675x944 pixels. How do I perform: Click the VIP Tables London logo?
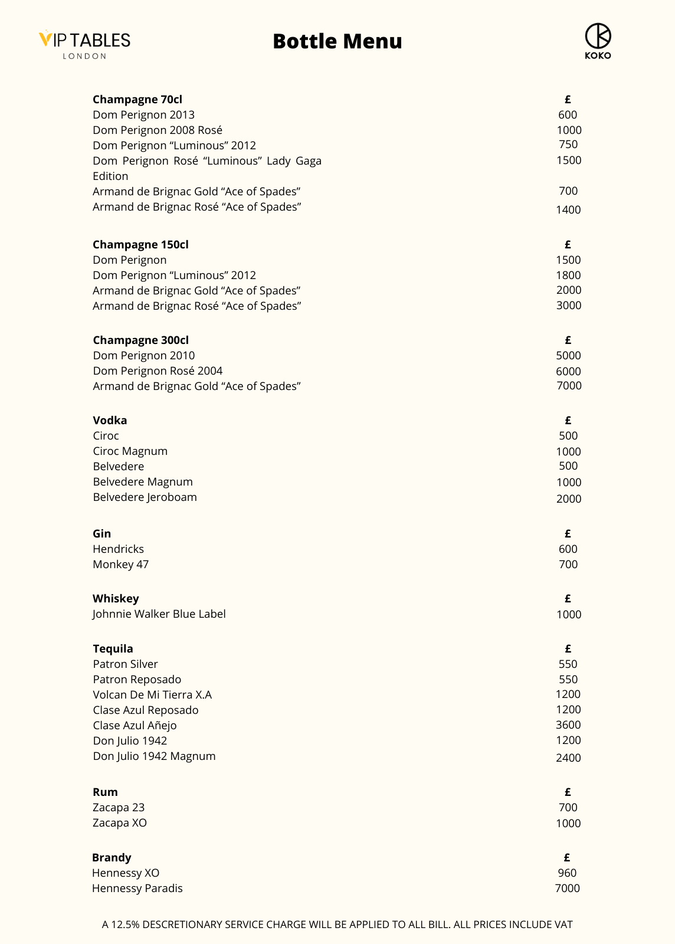85,44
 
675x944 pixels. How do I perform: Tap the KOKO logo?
598,41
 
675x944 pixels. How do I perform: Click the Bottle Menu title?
337,41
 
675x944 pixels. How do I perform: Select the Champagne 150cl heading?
140,244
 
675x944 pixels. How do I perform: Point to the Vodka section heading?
110,420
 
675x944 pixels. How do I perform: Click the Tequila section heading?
113,648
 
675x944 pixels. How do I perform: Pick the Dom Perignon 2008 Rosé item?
158,130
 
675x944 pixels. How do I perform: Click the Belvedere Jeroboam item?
145,497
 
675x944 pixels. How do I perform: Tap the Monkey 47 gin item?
120,564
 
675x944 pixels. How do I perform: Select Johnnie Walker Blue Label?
159,614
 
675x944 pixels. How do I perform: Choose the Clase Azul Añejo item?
135,725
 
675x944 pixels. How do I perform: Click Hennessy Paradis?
137,888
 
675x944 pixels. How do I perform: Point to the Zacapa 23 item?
119,807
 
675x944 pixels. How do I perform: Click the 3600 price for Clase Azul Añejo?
568,725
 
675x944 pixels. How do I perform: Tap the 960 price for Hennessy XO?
567,873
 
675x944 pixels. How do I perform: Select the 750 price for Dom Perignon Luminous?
568,144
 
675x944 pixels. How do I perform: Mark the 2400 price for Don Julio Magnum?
568,758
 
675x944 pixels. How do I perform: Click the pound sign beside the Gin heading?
568,533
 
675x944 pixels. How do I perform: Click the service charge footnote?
337,925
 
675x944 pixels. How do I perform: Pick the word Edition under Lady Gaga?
110,176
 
